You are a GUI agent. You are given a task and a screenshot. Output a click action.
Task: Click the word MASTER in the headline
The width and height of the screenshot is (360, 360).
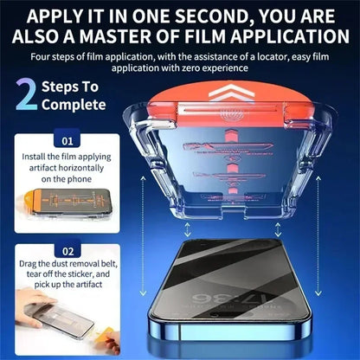(125, 37)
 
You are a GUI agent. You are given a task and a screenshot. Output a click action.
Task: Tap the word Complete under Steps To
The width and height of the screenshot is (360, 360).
(75, 105)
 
